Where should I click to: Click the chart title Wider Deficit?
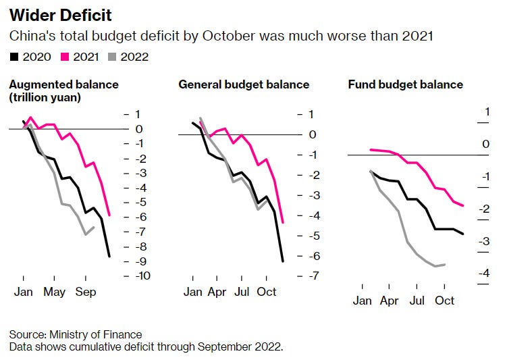60,15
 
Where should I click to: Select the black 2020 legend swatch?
14,57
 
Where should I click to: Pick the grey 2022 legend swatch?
113,57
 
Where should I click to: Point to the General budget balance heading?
244,84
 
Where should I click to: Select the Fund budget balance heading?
406,84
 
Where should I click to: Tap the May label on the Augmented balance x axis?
55,292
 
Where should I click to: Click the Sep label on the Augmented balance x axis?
86,292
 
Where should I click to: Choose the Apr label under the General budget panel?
216,292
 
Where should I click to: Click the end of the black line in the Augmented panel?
109,256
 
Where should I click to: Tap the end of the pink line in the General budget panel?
282,222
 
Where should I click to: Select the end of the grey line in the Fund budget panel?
444,264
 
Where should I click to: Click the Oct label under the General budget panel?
267,292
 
